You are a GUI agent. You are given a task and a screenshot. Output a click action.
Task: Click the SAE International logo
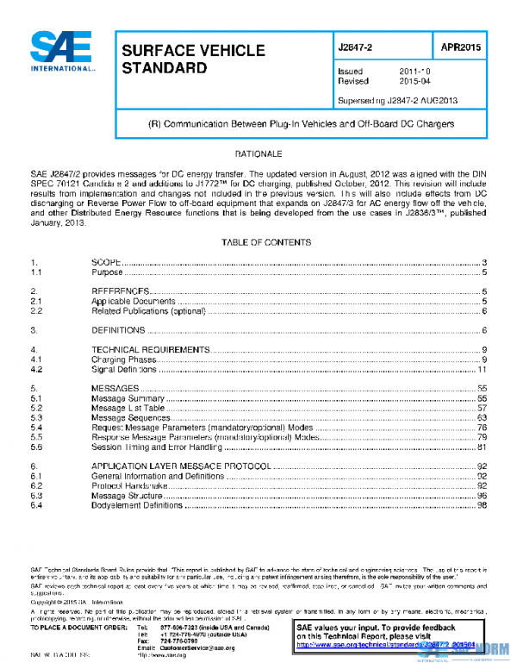coord(63,51)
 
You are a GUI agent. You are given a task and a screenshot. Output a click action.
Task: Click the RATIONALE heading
coord(259,153)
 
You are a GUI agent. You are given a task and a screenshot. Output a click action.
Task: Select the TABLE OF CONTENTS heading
coord(259,243)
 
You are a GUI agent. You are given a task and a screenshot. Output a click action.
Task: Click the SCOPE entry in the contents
coord(105,262)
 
